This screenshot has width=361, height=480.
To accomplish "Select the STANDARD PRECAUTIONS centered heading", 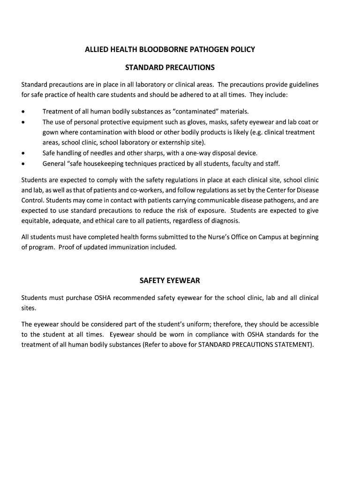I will [x=170, y=67].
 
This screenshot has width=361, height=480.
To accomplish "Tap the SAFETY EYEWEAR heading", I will [x=170, y=280].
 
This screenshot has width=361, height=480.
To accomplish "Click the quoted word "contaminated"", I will [x=196, y=112].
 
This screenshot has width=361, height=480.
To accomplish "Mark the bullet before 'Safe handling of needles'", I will [x=23, y=153].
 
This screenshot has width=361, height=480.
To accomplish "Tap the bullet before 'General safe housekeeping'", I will [x=23, y=164].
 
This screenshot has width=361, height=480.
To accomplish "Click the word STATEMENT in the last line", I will [x=289, y=345].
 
